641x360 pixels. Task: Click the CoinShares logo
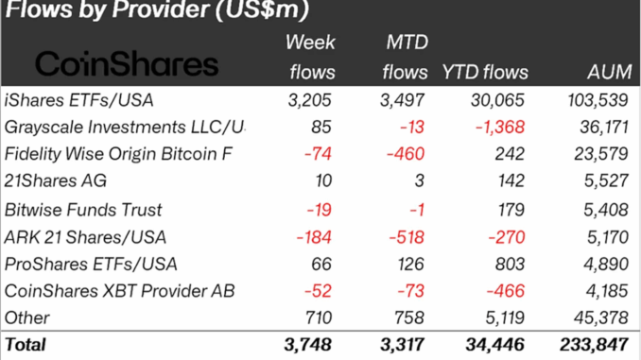tap(127, 65)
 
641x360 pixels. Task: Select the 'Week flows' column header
tap(310, 58)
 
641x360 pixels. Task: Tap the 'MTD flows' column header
tap(407, 58)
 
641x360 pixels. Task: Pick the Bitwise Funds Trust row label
tap(83, 210)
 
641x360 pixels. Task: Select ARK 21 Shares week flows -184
tap(314, 236)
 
